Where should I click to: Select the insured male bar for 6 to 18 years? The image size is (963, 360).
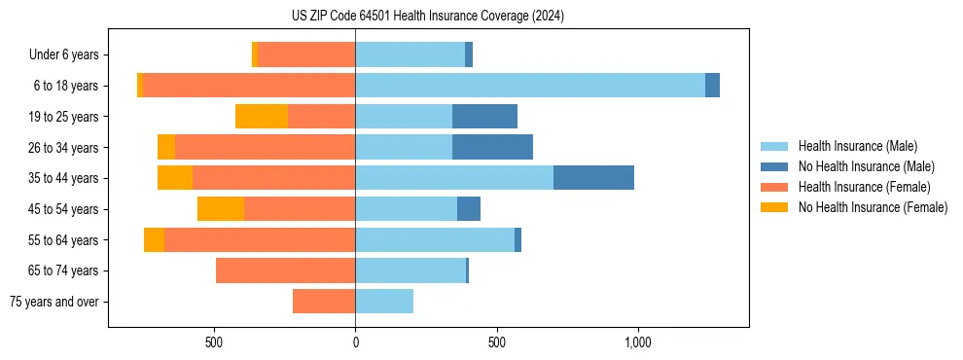coord(530,86)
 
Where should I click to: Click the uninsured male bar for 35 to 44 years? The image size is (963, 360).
coord(593,178)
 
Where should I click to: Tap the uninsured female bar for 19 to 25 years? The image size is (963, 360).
coord(262,117)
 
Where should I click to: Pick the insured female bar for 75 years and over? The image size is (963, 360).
coord(324,302)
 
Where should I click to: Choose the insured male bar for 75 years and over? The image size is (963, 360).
coord(384,302)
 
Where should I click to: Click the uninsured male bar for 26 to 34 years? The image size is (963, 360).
coord(492,147)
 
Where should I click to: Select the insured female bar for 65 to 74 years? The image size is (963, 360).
coord(285,270)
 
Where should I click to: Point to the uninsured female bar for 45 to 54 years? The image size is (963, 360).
coord(221,209)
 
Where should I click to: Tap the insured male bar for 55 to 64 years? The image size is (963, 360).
coord(435,239)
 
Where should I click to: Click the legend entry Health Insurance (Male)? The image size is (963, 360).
coord(857,146)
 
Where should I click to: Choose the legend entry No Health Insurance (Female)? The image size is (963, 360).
coord(873,207)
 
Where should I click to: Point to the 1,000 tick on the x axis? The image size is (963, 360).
coord(638,343)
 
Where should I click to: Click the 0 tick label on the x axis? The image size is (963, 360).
coord(356,343)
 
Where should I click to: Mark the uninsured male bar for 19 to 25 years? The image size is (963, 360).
coord(484,117)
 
